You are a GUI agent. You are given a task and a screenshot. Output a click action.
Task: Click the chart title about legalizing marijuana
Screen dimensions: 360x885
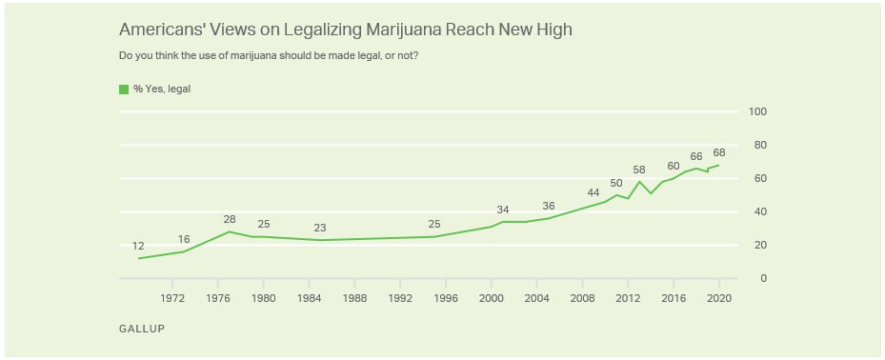pyautogui.click(x=345, y=30)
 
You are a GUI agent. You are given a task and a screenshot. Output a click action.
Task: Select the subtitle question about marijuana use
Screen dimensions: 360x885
pyautogui.click(x=269, y=55)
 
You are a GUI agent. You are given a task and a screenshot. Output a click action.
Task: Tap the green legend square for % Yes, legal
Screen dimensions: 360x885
pyautogui.click(x=124, y=90)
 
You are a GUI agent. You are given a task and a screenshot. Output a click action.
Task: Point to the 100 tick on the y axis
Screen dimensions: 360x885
pyautogui.click(x=758, y=112)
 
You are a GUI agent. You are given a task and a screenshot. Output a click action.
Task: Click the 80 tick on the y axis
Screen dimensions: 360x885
pyautogui.click(x=758, y=146)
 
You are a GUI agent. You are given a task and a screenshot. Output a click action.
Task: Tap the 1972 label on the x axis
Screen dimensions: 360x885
pyautogui.click(x=172, y=297)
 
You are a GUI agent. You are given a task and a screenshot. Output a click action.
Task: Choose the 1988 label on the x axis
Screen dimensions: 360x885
pyautogui.click(x=354, y=297)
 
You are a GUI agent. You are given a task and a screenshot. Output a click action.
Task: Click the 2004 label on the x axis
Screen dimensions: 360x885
pyautogui.click(x=536, y=297)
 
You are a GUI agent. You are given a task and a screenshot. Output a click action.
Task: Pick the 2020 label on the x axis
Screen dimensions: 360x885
pyautogui.click(x=718, y=297)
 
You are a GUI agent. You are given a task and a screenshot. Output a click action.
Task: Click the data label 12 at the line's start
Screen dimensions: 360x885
pyautogui.click(x=138, y=246)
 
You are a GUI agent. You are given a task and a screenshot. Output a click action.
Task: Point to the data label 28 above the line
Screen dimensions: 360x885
pyautogui.click(x=229, y=219)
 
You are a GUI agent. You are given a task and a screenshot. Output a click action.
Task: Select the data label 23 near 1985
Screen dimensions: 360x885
pyautogui.click(x=320, y=228)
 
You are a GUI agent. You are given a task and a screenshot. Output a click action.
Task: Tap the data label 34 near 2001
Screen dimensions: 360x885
pyautogui.click(x=502, y=210)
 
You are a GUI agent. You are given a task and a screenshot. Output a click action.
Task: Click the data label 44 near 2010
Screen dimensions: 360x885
pyautogui.click(x=593, y=192)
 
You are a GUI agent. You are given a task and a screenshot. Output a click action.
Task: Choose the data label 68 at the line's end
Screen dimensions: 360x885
pyautogui.click(x=719, y=152)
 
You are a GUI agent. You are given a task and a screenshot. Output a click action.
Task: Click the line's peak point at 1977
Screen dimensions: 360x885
pyautogui.click(x=229, y=231)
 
